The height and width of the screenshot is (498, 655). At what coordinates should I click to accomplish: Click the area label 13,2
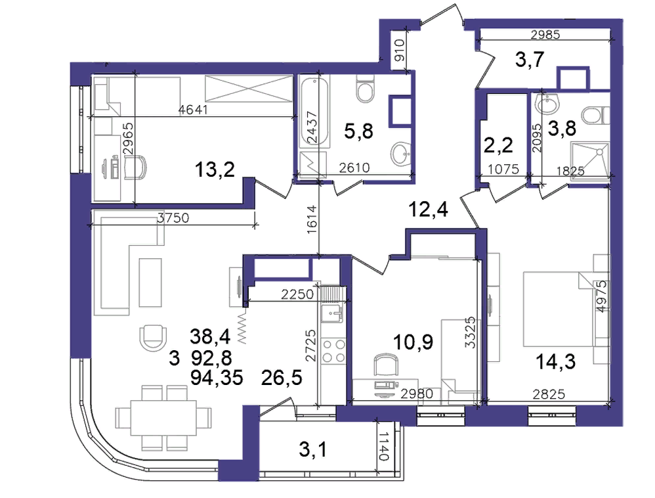(215, 170)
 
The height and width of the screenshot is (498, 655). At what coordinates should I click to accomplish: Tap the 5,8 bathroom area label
(358, 131)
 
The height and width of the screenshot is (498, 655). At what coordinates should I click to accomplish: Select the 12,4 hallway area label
(428, 209)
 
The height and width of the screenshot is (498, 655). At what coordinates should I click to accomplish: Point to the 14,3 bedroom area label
(556, 362)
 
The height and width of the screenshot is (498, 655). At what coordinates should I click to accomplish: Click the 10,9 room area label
(413, 342)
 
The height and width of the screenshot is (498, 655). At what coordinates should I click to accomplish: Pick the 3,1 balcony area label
(313, 449)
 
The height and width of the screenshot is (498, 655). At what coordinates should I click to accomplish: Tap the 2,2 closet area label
(498, 145)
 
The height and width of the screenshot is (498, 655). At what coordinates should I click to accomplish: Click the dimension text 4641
(193, 110)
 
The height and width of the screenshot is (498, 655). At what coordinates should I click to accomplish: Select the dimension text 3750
(173, 218)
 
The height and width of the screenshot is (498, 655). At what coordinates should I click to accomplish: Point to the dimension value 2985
(545, 35)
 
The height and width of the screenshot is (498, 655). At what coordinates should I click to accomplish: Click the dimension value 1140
(384, 446)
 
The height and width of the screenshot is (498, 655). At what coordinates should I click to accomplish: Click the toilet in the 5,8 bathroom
(366, 89)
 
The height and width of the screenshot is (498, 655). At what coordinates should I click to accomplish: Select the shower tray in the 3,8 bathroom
(590, 160)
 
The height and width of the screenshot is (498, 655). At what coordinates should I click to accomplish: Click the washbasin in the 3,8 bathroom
(547, 103)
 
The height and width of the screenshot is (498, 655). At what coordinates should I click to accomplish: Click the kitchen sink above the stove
(334, 313)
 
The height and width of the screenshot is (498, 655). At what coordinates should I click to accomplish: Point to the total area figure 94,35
(217, 378)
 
